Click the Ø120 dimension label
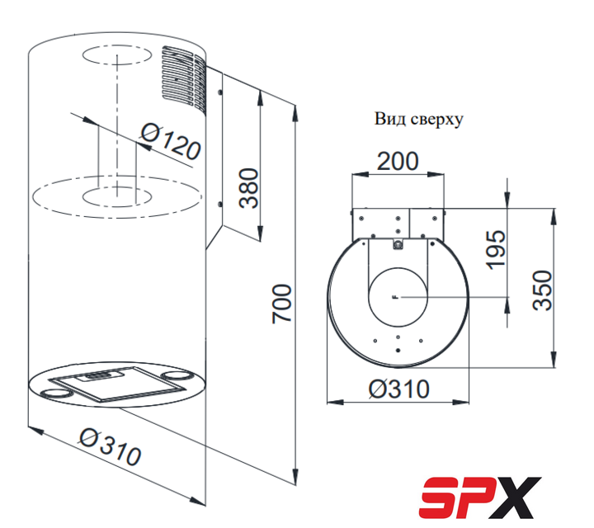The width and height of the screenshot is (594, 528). click(171, 141)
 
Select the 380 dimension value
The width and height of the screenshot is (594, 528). click(248, 188)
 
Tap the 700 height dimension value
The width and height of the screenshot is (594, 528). click(282, 304)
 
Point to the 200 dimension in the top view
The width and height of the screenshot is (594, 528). click(398, 161)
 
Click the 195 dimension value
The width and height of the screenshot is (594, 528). click(497, 250)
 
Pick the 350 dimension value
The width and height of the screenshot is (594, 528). click(542, 290)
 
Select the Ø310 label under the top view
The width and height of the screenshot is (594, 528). click(399, 389)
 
